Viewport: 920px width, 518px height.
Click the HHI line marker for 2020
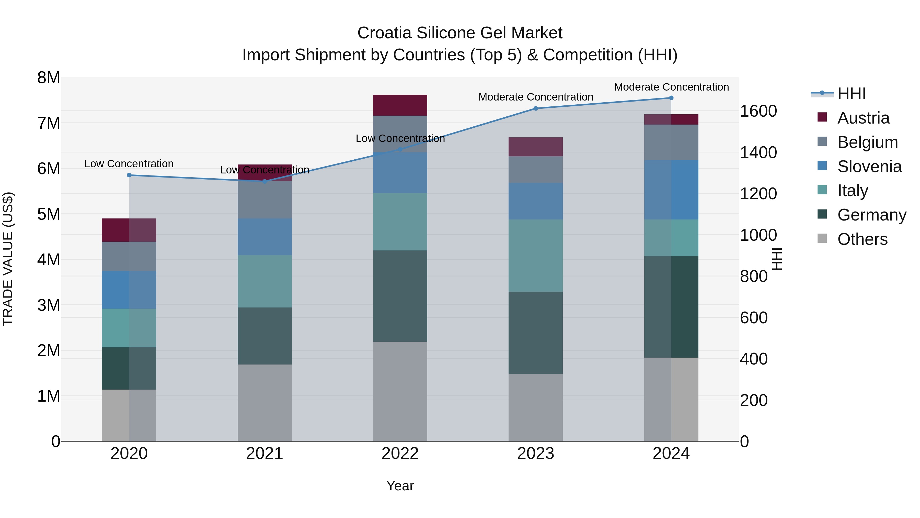pyautogui.click(x=129, y=175)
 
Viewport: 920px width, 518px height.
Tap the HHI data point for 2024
pyautogui.click(x=671, y=98)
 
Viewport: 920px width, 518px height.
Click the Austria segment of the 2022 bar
pyautogui.click(x=400, y=105)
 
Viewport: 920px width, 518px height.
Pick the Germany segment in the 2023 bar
pyautogui.click(x=535, y=333)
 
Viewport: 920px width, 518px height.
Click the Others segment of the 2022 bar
pyautogui.click(x=400, y=391)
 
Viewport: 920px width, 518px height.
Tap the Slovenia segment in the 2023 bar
pyautogui.click(x=535, y=201)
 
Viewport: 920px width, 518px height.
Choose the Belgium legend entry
pyautogui.click(x=867, y=142)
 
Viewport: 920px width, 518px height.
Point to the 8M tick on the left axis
pyautogui.click(x=49, y=78)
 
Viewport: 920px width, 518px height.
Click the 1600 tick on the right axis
pyautogui.click(x=758, y=111)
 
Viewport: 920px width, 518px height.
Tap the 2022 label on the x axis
pyautogui.click(x=400, y=454)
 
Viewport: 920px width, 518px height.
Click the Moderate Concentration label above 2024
pyautogui.click(x=671, y=87)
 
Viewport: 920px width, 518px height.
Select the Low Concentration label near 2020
pyautogui.click(x=129, y=164)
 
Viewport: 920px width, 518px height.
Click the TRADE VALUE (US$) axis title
pyautogui.click(x=8, y=259)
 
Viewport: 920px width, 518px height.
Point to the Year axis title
pyautogui.click(x=400, y=486)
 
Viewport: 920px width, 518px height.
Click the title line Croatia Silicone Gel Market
pyautogui.click(x=460, y=33)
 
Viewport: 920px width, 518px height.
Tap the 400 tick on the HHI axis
pyautogui.click(x=754, y=359)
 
